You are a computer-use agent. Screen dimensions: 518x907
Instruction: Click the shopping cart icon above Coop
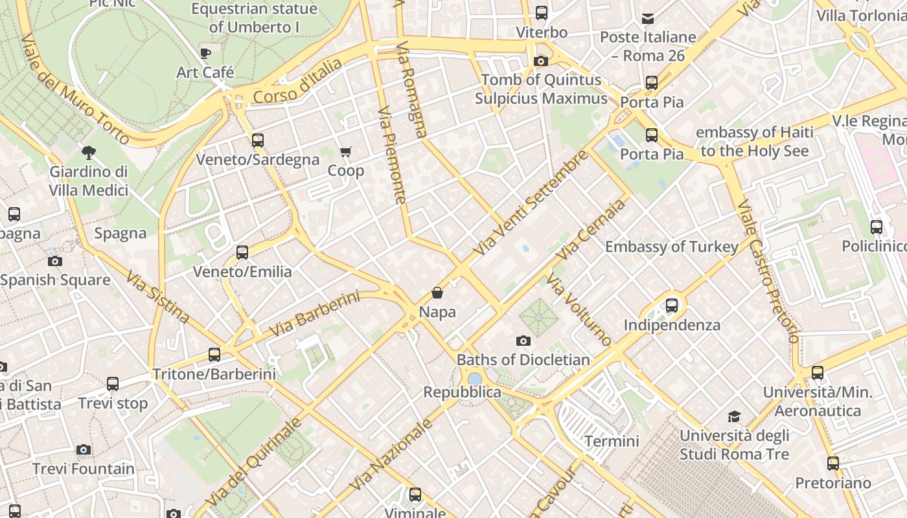point(346,152)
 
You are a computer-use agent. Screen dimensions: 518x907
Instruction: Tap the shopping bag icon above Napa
point(437,293)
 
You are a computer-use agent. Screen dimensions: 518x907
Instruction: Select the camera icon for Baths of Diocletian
point(523,341)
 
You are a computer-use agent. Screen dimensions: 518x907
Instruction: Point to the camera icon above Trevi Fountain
point(83,449)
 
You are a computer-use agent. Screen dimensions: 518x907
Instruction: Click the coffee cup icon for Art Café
point(205,53)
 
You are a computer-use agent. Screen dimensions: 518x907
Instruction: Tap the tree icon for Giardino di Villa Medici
point(89,153)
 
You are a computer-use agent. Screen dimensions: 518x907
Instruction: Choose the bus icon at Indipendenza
point(672,305)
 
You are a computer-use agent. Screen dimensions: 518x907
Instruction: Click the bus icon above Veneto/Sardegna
point(258,140)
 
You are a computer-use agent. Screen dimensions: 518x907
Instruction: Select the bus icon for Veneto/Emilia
point(242,252)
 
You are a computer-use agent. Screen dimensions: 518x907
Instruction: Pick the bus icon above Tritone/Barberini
point(214,354)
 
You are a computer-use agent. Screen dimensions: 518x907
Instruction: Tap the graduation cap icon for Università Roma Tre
point(734,416)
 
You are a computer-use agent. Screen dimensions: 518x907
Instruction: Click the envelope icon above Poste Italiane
point(648,18)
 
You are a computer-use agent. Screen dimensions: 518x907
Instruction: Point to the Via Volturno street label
point(579,310)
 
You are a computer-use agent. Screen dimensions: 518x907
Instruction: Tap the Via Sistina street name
point(157,297)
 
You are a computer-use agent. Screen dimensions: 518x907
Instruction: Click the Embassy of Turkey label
point(671,247)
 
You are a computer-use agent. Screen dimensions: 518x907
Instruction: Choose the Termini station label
point(612,442)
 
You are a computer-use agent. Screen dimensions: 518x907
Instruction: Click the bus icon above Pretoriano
point(833,464)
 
